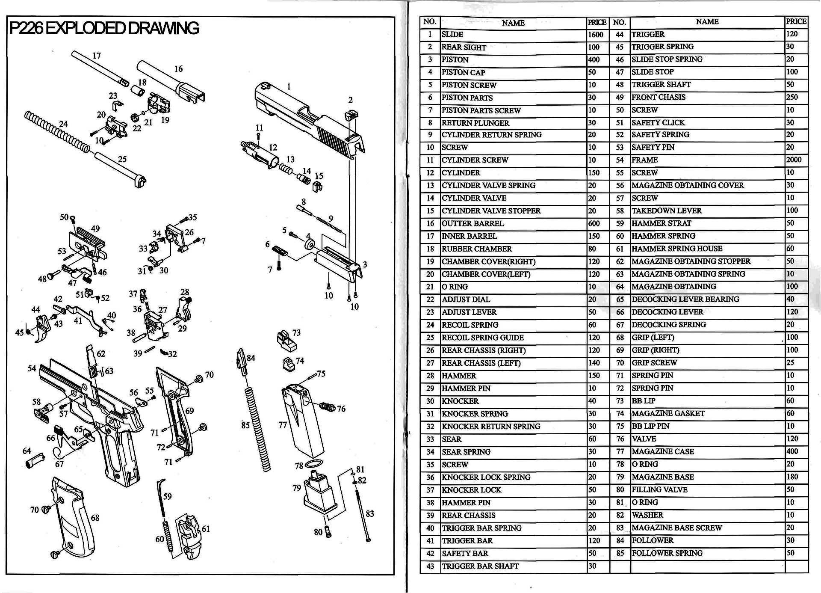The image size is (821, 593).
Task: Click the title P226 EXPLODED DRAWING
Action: tap(104, 28)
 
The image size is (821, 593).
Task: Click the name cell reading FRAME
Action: tap(645, 160)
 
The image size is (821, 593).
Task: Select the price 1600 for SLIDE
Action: tap(595, 35)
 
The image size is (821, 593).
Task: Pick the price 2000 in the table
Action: tap(794, 160)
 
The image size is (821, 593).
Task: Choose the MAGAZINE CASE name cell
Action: tap(663, 451)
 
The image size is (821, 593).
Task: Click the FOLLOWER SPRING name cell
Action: tap(667, 553)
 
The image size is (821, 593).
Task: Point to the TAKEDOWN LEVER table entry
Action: tap(667, 211)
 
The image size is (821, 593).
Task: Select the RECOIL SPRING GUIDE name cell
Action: tap(483, 338)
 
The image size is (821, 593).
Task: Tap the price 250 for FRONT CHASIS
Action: tap(792, 97)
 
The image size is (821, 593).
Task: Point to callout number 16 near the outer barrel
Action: tap(178, 69)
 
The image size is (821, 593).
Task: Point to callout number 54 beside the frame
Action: tap(32, 368)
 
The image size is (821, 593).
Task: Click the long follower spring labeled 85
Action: tap(258, 428)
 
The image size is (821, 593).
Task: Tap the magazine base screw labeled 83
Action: tap(363, 511)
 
